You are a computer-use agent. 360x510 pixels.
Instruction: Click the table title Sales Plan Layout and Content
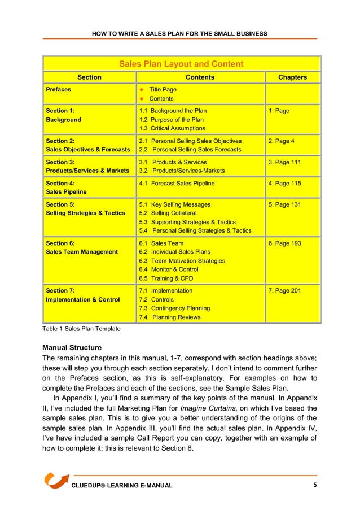point(181,64)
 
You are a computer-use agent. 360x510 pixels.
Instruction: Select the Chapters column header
point(292,77)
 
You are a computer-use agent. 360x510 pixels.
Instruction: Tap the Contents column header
point(200,77)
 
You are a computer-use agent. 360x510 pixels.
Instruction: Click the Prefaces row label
point(59,89)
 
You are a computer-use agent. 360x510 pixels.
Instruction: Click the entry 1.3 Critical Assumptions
point(172,129)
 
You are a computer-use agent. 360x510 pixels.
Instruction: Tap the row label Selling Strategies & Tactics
point(85,213)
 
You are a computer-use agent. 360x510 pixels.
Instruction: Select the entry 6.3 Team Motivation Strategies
point(182,261)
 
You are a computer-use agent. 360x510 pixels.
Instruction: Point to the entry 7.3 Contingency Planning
point(174,308)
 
